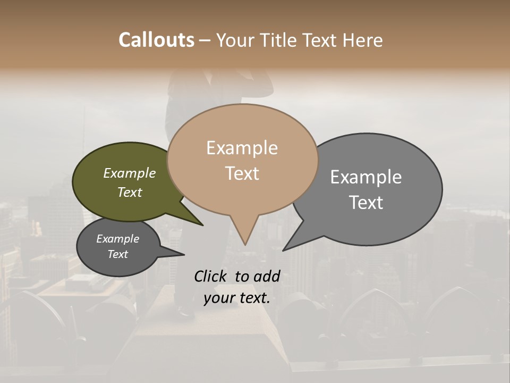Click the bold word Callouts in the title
pyautogui.click(x=156, y=40)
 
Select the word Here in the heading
pyautogui.click(x=363, y=40)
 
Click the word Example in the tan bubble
pyautogui.click(x=242, y=148)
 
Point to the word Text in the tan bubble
pyautogui.click(x=242, y=173)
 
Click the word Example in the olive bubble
pyautogui.click(x=129, y=173)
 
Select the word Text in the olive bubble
pyautogui.click(x=129, y=192)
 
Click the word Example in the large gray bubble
pyautogui.click(x=366, y=177)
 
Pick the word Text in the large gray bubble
pyautogui.click(x=366, y=202)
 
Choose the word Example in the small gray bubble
pyautogui.click(x=117, y=239)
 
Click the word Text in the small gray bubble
pyautogui.click(x=117, y=254)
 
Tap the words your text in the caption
pyautogui.click(x=236, y=298)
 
